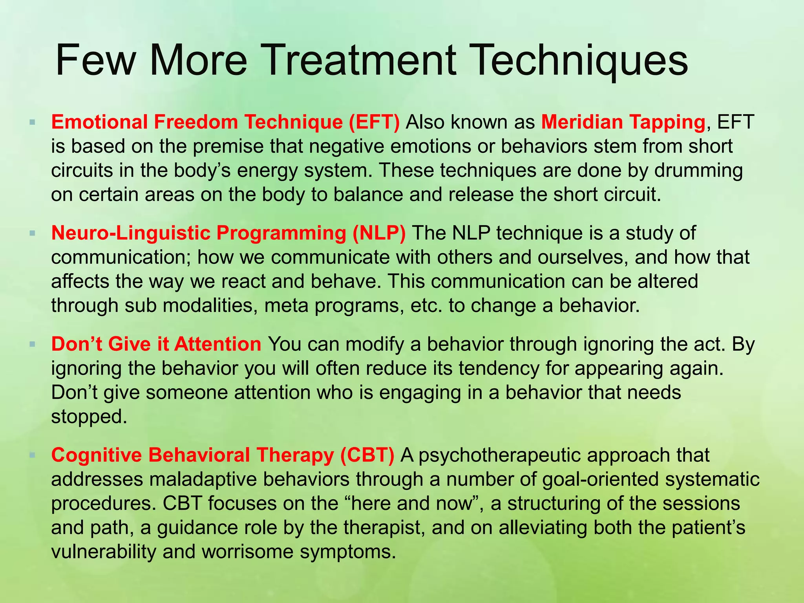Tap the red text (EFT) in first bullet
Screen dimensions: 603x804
coord(374,122)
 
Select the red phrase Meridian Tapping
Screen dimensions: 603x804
coord(623,122)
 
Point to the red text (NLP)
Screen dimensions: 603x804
coord(379,233)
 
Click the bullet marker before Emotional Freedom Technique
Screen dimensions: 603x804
coord(32,122)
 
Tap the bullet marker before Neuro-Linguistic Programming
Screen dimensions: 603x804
coord(32,233)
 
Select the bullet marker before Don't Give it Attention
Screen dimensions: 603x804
coord(32,344)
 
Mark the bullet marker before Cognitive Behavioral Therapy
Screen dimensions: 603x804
coord(32,455)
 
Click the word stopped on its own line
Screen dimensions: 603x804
coord(89,417)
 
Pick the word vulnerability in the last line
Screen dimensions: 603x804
coord(104,552)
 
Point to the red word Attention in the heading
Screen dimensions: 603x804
coord(217,344)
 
